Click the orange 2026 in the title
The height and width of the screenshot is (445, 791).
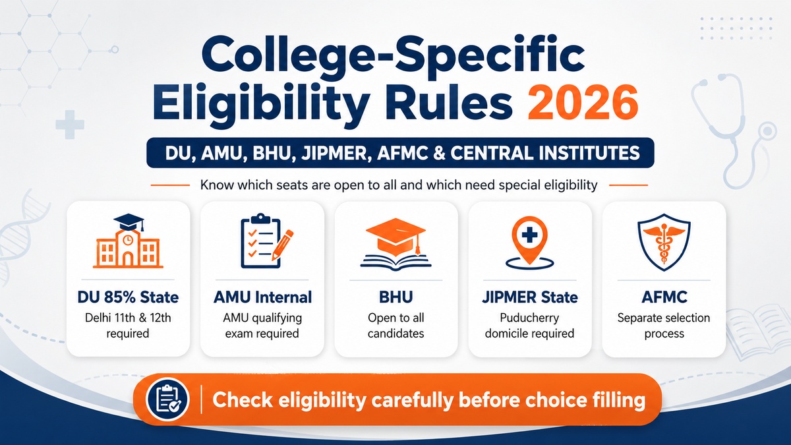tap(583, 103)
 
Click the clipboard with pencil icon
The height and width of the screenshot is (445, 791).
tap(266, 241)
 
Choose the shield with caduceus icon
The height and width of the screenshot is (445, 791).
tap(664, 243)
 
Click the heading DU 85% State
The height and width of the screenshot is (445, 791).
tap(128, 297)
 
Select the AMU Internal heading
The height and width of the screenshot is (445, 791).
tap(262, 297)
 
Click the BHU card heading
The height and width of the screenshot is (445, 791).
tap(395, 297)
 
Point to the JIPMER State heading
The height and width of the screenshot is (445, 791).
tap(530, 297)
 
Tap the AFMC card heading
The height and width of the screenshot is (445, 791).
tap(664, 297)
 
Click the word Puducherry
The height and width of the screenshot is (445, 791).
tap(529, 318)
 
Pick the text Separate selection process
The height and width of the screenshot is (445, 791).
tap(664, 325)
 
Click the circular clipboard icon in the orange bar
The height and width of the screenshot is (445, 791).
tap(167, 400)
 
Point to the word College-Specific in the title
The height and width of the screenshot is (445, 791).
tap(393, 57)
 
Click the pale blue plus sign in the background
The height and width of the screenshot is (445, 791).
tap(70, 125)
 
